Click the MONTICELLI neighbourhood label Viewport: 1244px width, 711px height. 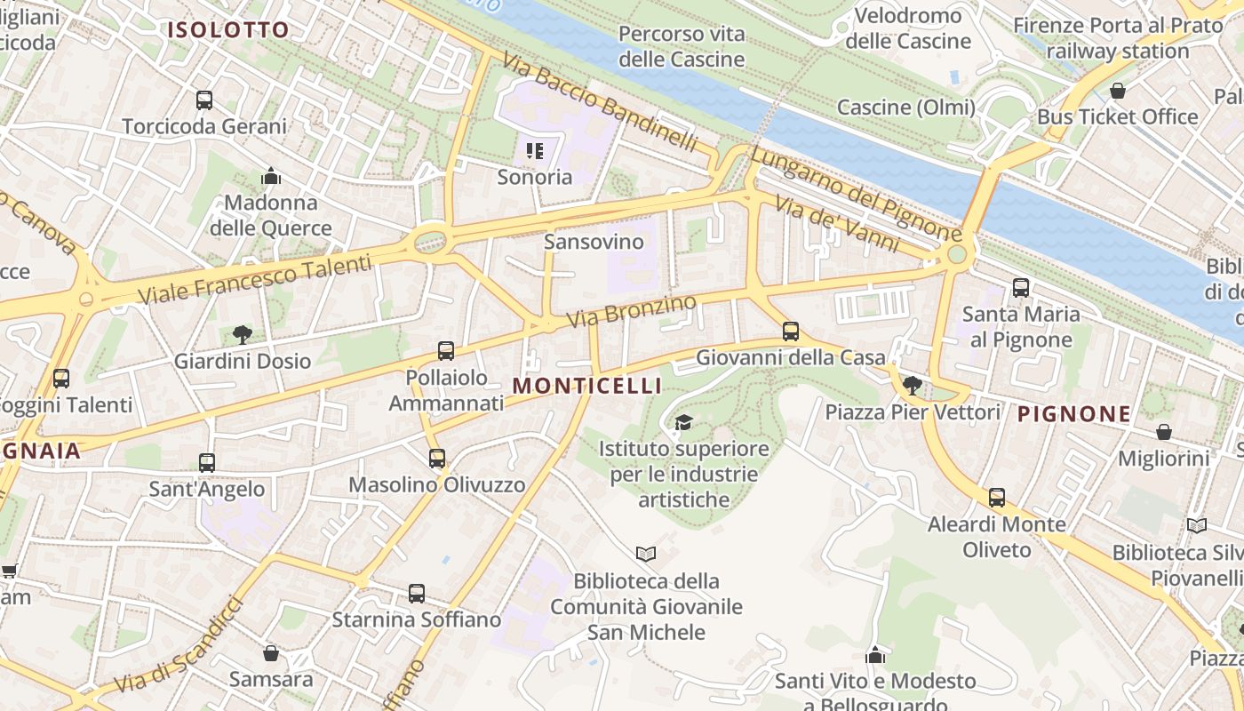(587, 386)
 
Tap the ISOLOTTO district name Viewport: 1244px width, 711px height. (228, 29)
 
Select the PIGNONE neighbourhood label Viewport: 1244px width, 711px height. (1074, 413)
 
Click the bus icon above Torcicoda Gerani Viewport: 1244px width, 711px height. (204, 100)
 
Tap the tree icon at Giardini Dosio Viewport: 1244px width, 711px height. (242, 335)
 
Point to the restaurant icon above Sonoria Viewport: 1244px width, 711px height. (534, 151)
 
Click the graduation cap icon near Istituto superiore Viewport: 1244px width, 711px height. (683, 422)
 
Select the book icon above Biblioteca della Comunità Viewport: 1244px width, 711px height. (646, 555)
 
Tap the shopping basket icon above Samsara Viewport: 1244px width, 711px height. (271, 654)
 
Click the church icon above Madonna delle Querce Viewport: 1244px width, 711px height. (271, 177)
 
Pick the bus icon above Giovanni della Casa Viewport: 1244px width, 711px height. (791, 332)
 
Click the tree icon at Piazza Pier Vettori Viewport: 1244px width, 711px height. (912, 386)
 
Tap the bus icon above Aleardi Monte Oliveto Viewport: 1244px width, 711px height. (997, 498)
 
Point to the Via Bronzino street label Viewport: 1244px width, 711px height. (632, 310)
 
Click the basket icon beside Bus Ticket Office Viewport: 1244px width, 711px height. (1118, 91)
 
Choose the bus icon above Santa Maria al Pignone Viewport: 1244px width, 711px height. (1021, 288)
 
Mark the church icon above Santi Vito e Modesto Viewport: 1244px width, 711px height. (875, 655)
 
